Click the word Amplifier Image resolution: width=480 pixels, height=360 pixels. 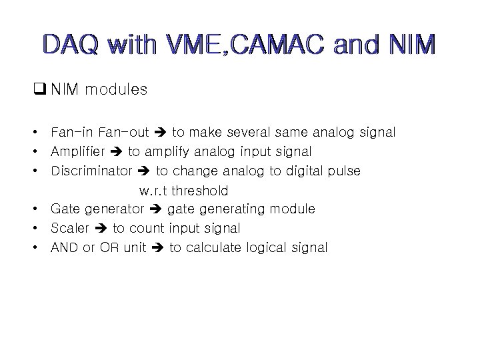click(x=75, y=152)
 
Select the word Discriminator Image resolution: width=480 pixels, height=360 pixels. click(x=91, y=171)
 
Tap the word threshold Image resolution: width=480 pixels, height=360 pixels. click(x=200, y=191)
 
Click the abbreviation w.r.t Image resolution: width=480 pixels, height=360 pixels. click(x=155, y=191)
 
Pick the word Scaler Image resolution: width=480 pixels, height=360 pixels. click(x=70, y=229)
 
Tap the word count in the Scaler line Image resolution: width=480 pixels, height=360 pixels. click(x=146, y=229)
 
